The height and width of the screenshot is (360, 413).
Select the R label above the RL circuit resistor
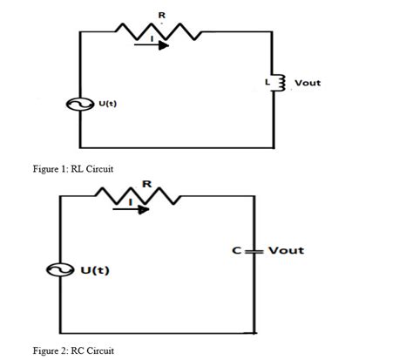tap(159, 12)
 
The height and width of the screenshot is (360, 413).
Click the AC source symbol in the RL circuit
tap(87, 105)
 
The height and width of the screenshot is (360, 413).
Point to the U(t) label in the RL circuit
tap(108, 104)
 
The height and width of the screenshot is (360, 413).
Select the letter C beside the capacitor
tap(237, 251)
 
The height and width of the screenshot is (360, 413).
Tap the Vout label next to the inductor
tap(308, 83)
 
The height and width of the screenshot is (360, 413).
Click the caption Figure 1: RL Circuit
tap(73, 168)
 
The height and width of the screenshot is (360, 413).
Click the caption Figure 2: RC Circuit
tap(73, 350)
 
